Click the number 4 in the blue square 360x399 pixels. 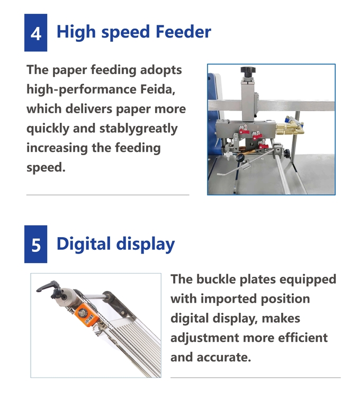click(x=35, y=33)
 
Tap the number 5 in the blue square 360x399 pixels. click(x=35, y=244)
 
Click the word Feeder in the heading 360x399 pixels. click(x=183, y=32)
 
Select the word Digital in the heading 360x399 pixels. click(x=84, y=244)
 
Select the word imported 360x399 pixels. click(x=225, y=299)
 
